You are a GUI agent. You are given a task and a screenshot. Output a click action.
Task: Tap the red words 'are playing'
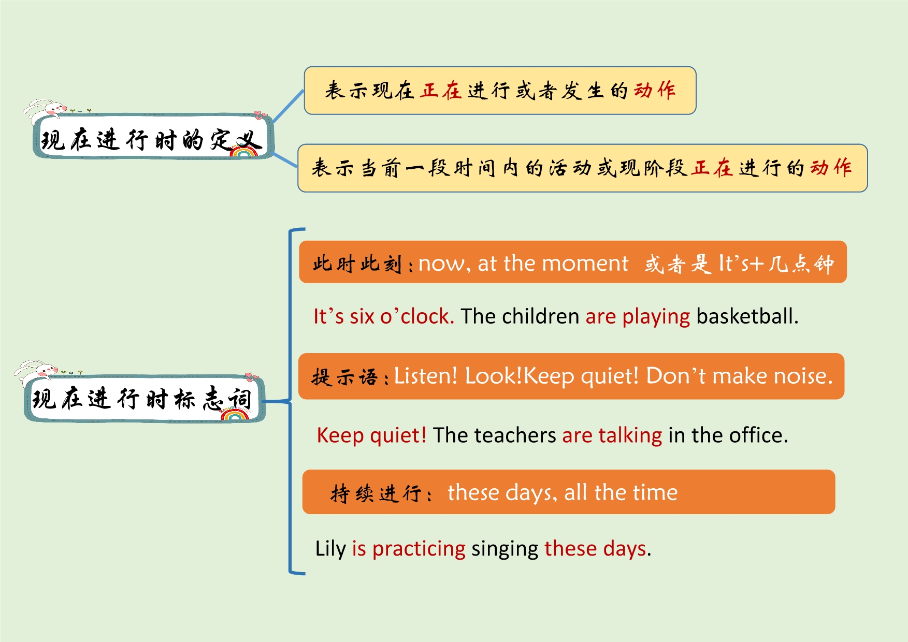point(638,317)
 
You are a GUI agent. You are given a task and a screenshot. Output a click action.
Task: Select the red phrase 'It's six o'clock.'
point(384,316)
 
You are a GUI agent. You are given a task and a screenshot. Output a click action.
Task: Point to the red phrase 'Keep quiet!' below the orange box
point(371,435)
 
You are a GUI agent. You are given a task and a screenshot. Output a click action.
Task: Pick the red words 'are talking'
point(612,436)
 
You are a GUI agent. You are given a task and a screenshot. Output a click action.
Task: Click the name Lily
point(330,549)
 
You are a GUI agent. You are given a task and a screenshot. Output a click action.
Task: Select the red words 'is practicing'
point(409,549)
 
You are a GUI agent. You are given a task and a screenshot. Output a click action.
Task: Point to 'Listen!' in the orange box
point(426,376)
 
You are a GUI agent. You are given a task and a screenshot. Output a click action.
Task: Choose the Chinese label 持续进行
point(376,493)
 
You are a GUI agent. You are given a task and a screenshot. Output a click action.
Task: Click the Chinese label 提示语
point(344,377)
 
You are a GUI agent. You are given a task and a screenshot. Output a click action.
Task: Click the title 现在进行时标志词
point(142,399)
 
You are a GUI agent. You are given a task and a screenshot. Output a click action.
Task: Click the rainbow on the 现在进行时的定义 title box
point(244,151)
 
